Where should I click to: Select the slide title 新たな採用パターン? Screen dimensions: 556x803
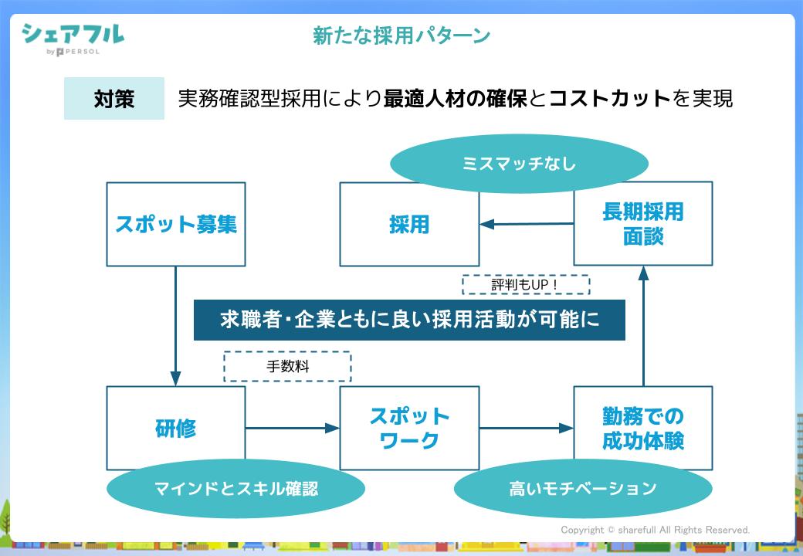401,35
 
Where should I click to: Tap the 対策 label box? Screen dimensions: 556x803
114,99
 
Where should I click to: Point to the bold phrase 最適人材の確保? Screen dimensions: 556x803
456,99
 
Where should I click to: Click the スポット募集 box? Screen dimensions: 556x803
176,224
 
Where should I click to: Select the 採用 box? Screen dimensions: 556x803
409,224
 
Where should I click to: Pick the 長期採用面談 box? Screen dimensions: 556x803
643,224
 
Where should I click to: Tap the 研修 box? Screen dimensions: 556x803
176,428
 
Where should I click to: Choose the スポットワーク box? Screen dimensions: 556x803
409,428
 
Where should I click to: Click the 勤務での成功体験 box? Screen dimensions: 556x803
643,428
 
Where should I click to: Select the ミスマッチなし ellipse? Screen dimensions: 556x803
519,164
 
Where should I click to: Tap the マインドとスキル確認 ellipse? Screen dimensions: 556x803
235,488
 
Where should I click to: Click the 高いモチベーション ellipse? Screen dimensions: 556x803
583,488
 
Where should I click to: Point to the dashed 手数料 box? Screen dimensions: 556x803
287,367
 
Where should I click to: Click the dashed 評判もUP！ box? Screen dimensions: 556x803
525,285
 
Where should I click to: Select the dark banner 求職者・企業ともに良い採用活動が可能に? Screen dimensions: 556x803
409,320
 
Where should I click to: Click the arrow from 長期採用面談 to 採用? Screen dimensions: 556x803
527,224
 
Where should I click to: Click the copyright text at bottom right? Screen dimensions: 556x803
655,530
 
